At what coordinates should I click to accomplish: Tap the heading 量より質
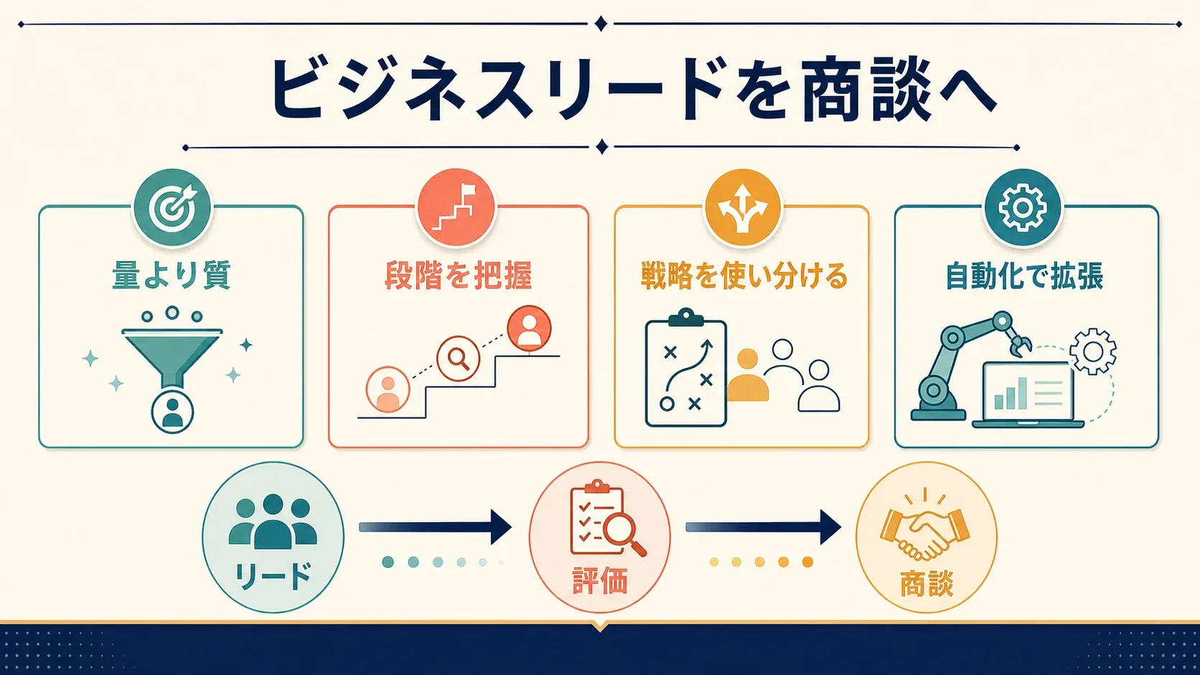[171, 275]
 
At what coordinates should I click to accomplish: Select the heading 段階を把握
[458, 275]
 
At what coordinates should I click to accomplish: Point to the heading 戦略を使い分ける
[744, 275]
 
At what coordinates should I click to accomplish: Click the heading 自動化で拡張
[1024, 275]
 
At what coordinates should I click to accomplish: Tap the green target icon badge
[172, 208]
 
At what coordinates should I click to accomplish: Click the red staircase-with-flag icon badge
[456, 208]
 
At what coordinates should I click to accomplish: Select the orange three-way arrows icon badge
[742, 208]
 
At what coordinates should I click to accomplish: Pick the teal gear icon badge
[1023, 208]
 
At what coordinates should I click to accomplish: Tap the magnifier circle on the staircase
[458, 358]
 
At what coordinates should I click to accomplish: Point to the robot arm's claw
[1020, 344]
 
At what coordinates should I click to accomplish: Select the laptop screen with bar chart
[1028, 393]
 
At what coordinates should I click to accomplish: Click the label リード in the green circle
[273, 577]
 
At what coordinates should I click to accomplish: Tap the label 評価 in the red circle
[600, 582]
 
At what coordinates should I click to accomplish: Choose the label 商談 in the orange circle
[927, 583]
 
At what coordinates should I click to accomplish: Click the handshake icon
[925, 532]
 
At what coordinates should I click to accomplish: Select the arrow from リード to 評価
[435, 527]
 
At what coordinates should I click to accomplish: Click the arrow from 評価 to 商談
[764, 527]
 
